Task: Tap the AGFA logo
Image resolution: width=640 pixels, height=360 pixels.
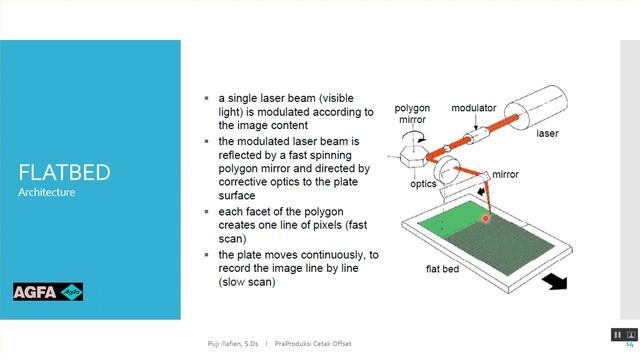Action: [x=47, y=292]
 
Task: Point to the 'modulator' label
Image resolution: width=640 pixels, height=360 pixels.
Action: [x=473, y=107]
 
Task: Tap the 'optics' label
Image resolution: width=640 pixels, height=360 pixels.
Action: [x=423, y=184]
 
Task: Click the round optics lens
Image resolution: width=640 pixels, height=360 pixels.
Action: [x=450, y=168]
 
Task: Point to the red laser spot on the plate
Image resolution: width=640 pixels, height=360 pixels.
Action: [x=486, y=216]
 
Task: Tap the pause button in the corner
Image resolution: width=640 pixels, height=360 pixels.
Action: [x=618, y=334]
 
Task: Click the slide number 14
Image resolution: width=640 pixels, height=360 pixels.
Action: [x=629, y=343]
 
